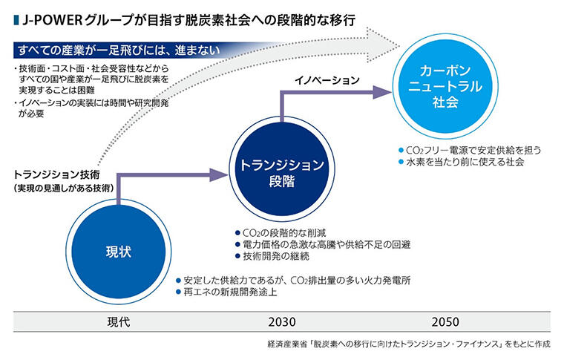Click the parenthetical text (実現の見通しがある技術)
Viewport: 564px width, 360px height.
pyautogui.click(x=62, y=189)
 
